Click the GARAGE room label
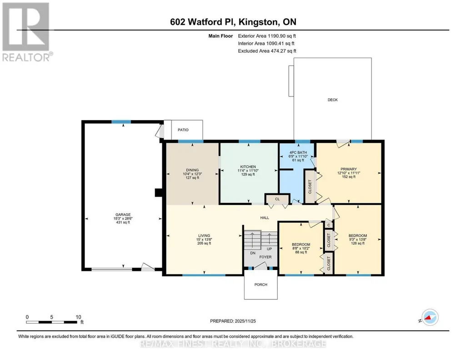coord(123,215)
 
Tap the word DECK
coord(332,100)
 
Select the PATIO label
coord(183,130)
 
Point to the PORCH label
coord(261,285)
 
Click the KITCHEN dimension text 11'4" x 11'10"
coord(248,170)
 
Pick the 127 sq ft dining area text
coord(192,178)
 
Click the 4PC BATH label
coord(298,152)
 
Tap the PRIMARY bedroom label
coord(349,169)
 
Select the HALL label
coord(265,218)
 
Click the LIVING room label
coord(204,235)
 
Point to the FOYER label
coord(266,257)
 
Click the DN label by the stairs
coord(253,253)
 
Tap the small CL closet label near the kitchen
coord(277,199)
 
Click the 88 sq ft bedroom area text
coord(301,252)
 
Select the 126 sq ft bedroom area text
coord(358,243)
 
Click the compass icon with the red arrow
coord(430,317)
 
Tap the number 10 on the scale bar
coord(79,317)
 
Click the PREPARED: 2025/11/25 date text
coord(233,321)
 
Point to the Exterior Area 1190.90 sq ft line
coord(267,36)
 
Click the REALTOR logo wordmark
coord(26,57)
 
